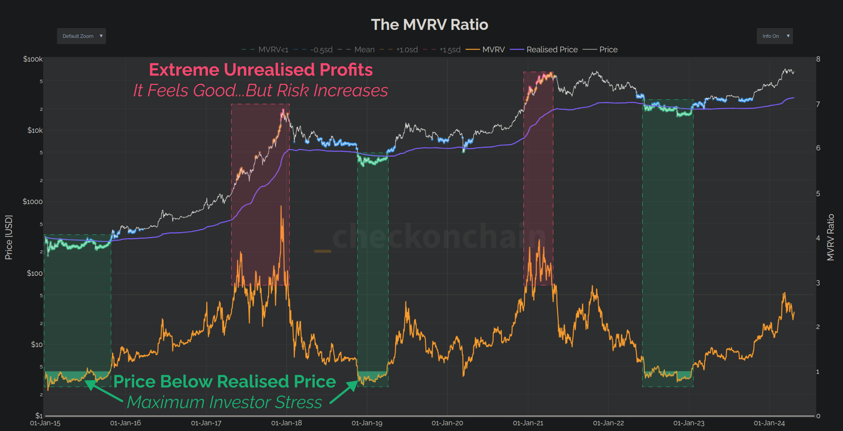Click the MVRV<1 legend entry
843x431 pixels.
tap(273, 49)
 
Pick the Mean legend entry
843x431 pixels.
tap(364, 49)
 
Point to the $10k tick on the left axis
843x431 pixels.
tap(35, 130)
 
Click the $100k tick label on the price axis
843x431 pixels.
tap(33, 59)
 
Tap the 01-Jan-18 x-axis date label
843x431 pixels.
tap(286, 423)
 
